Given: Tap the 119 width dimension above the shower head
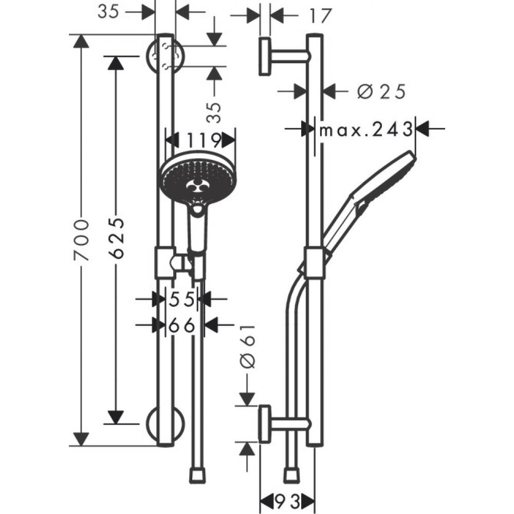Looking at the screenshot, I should pyautogui.click(x=200, y=140).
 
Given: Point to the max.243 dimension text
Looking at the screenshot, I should pyautogui.click(x=365, y=130).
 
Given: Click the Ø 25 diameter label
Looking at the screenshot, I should pyautogui.click(x=381, y=92).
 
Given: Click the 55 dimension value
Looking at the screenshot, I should pyautogui.click(x=183, y=299).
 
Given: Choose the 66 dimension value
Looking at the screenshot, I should pyautogui.click(x=183, y=325).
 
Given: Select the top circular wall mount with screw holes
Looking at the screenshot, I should pyautogui.click(x=164, y=56).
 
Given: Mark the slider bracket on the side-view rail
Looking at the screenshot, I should pyautogui.click(x=314, y=262).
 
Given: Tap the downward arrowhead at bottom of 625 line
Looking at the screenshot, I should pyautogui.click(x=117, y=417).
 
